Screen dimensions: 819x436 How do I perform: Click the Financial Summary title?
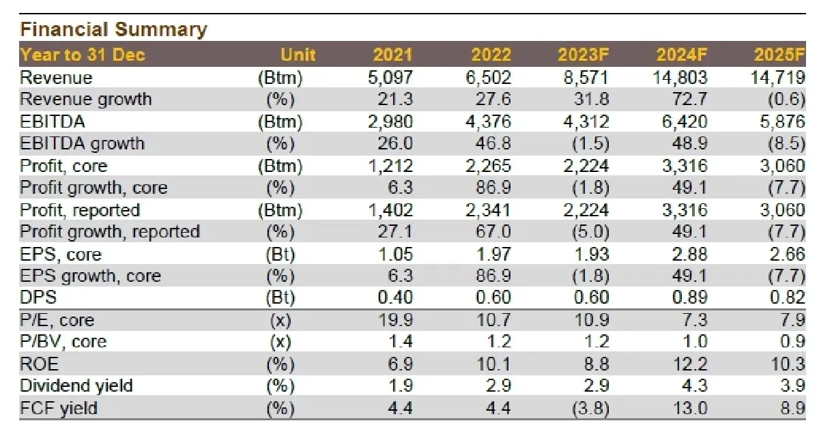click(114, 29)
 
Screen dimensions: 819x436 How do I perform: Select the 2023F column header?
click(583, 55)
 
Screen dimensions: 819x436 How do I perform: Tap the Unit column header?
click(298, 55)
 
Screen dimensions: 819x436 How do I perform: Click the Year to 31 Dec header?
click(83, 55)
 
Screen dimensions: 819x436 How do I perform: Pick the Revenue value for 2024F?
click(680, 78)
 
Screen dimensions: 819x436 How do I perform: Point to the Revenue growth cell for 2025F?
click(786, 100)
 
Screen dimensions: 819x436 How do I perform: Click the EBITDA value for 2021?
click(390, 121)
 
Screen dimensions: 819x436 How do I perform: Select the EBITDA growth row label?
click(83, 143)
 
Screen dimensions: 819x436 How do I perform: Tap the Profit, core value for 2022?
click(488, 166)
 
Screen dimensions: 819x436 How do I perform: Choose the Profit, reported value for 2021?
click(390, 210)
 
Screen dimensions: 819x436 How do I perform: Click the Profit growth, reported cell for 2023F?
click(591, 232)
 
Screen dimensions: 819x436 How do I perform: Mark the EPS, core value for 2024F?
click(689, 254)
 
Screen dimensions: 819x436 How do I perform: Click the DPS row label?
click(38, 297)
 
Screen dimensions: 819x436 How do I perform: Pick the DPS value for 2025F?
click(788, 297)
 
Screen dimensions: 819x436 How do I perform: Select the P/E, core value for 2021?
click(395, 320)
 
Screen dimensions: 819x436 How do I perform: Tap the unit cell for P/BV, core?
click(281, 342)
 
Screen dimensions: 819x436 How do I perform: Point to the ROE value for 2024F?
click(691, 364)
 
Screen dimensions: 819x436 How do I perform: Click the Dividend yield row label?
click(76, 386)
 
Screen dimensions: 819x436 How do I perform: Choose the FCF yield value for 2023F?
click(591, 408)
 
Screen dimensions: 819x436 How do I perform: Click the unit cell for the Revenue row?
click(281, 78)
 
